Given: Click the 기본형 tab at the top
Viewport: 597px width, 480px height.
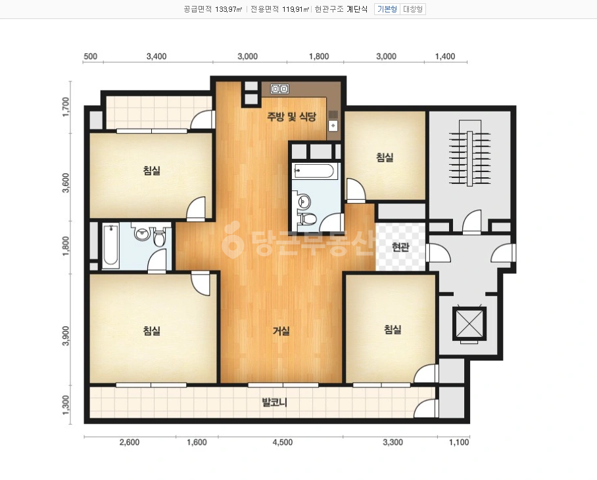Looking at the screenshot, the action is click(x=387, y=9).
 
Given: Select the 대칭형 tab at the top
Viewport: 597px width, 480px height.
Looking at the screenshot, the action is click(x=413, y=9).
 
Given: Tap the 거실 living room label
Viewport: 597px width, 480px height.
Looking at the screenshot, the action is click(x=281, y=331).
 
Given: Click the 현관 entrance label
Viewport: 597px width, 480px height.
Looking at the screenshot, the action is click(x=400, y=247).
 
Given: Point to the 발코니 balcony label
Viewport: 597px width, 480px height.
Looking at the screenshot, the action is click(x=274, y=402).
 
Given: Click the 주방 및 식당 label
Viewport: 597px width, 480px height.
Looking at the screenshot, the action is click(x=291, y=116).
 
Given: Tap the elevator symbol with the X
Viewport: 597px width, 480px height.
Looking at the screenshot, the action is click(x=469, y=324).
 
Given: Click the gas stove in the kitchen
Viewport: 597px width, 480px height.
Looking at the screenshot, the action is click(x=279, y=89).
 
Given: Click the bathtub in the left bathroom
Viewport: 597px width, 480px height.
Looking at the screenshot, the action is click(x=110, y=246).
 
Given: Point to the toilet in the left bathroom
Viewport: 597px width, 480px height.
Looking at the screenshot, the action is click(x=160, y=237).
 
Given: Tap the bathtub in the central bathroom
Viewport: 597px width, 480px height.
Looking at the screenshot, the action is click(x=316, y=171).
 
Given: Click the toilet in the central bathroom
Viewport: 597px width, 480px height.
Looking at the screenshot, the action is click(x=308, y=219).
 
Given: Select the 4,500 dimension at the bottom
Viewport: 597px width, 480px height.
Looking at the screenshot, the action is click(x=283, y=443).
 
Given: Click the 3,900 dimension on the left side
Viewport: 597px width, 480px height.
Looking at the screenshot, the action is click(x=66, y=336).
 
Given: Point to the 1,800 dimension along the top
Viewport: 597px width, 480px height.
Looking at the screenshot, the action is click(x=319, y=56).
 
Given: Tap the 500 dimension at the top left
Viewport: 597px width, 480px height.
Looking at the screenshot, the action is click(x=90, y=56).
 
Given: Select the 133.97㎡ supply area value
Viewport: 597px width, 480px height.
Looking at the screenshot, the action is click(x=228, y=9).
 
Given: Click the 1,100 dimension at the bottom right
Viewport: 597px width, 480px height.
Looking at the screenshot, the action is click(x=459, y=443).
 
